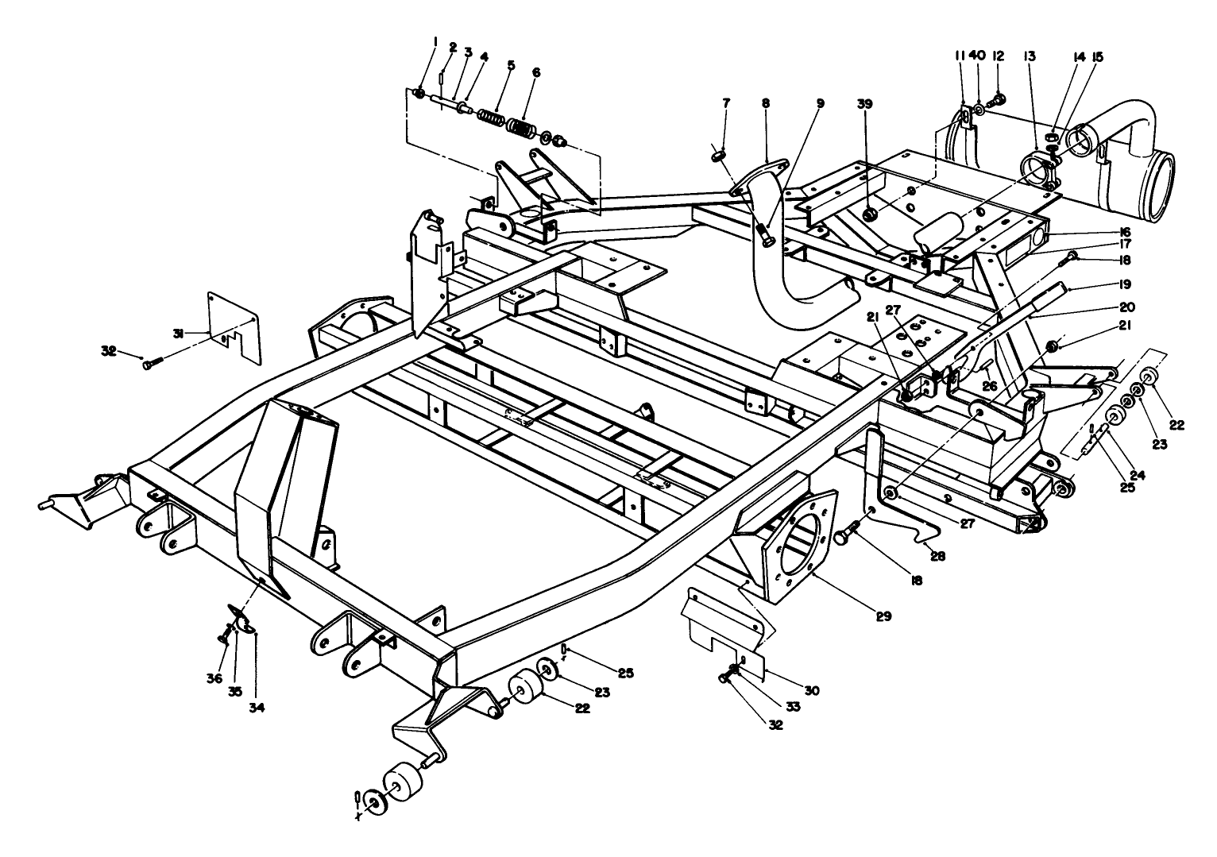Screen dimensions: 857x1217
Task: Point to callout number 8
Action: (x=765, y=103)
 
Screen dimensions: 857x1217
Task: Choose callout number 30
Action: (x=811, y=690)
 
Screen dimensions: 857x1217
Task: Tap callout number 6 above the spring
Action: (x=536, y=72)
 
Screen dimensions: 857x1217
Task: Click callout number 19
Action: (x=1104, y=284)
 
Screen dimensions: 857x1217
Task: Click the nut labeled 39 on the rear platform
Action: (x=869, y=214)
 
